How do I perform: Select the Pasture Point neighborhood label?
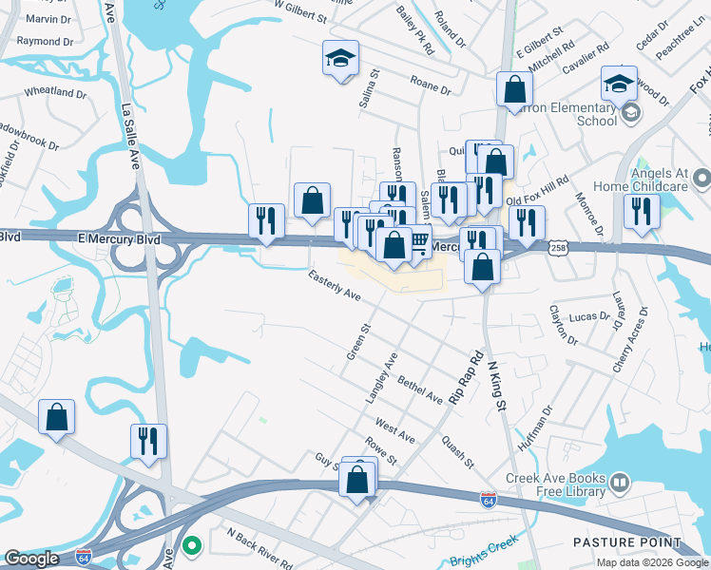pyautogui.click(x=626, y=543)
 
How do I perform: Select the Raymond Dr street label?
pyautogui.click(x=45, y=42)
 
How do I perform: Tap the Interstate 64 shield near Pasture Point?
pyautogui.click(x=488, y=501)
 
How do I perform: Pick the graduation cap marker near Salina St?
pyautogui.click(x=340, y=59)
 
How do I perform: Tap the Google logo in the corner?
pyautogui.click(x=31, y=559)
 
